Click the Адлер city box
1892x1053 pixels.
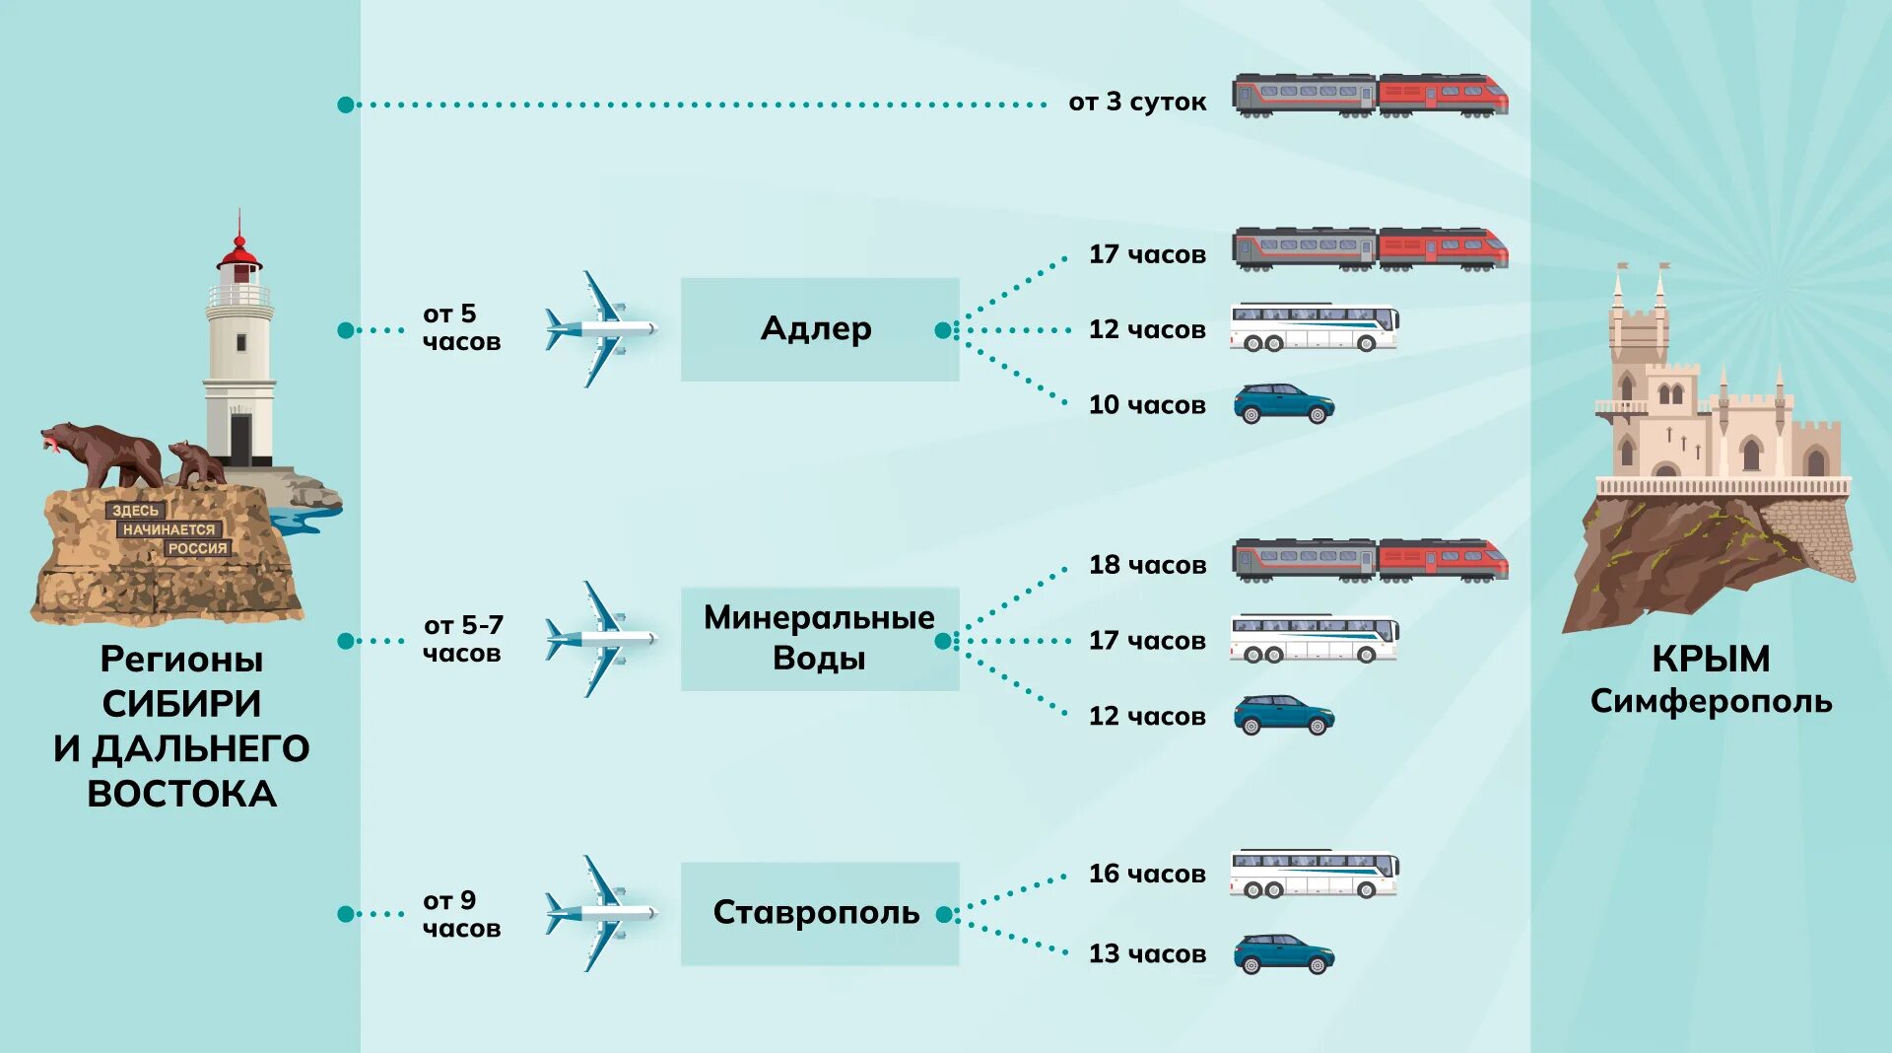pos(819,329)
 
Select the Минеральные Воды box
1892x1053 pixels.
pos(819,639)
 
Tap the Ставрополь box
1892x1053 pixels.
pos(819,913)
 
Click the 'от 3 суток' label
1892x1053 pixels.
pos(1137,102)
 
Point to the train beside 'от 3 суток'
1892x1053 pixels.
pos(1370,96)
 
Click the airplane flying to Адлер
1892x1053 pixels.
pos(600,328)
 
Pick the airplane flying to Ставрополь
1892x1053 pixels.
pos(600,913)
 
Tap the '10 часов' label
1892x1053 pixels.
pos(1146,404)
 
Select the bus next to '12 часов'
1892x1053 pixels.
pos(1314,328)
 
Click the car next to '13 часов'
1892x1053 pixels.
pos(1284,953)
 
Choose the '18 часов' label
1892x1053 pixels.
pos(1146,565)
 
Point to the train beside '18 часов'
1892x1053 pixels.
pos(1370,560)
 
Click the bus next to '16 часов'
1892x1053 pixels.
pos(1314,874)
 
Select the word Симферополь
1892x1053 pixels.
pos(1711,701)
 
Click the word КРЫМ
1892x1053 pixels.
pos(1711,658)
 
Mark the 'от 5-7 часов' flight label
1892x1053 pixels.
pos(462,639)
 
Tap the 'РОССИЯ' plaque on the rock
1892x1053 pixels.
pos(197,548)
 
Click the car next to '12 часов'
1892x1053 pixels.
pos(1284,715)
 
